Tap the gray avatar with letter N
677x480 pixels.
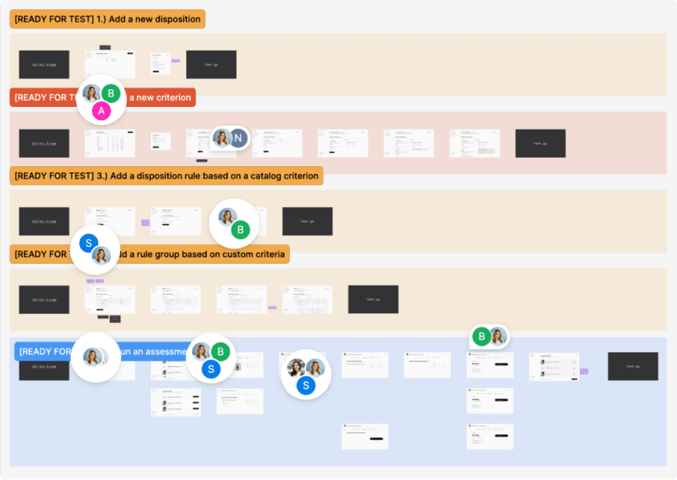pos(238,138)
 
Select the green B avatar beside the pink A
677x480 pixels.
pos(112,94)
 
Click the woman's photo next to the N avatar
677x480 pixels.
pos(222,138)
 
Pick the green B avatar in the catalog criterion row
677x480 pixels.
pos(241,229)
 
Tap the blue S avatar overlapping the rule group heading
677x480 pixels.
pos(88,243)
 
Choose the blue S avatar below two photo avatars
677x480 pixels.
pos(306,385)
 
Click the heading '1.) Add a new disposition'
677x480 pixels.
pos(107,19)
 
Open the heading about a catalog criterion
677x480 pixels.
pos(165,176)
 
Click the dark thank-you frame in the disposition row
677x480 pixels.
pos(211,65)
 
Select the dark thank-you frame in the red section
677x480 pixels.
pos(540,143)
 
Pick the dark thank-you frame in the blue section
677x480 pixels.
pos(632,366)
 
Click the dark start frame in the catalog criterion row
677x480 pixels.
pos(44,221)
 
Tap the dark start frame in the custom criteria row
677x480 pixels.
pos(44,299)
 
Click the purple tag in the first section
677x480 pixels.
pos(175,61)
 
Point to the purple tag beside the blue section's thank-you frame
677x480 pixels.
pos(584,371)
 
